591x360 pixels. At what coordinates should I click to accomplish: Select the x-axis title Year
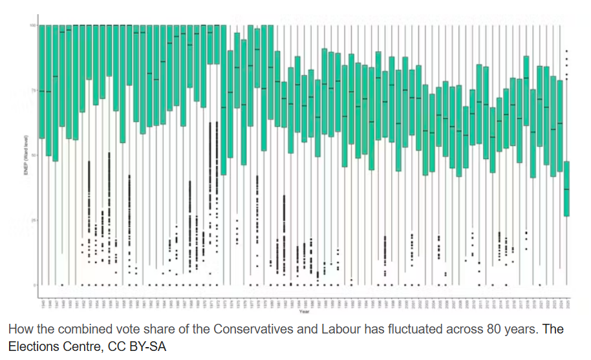pos(304,312)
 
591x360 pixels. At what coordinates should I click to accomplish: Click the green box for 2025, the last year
pos(567,188)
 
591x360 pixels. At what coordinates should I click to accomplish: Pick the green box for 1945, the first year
pos(41,81)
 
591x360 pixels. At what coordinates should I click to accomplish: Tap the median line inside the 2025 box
pos(567,189)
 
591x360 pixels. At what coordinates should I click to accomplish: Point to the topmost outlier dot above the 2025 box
pos(567,51)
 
